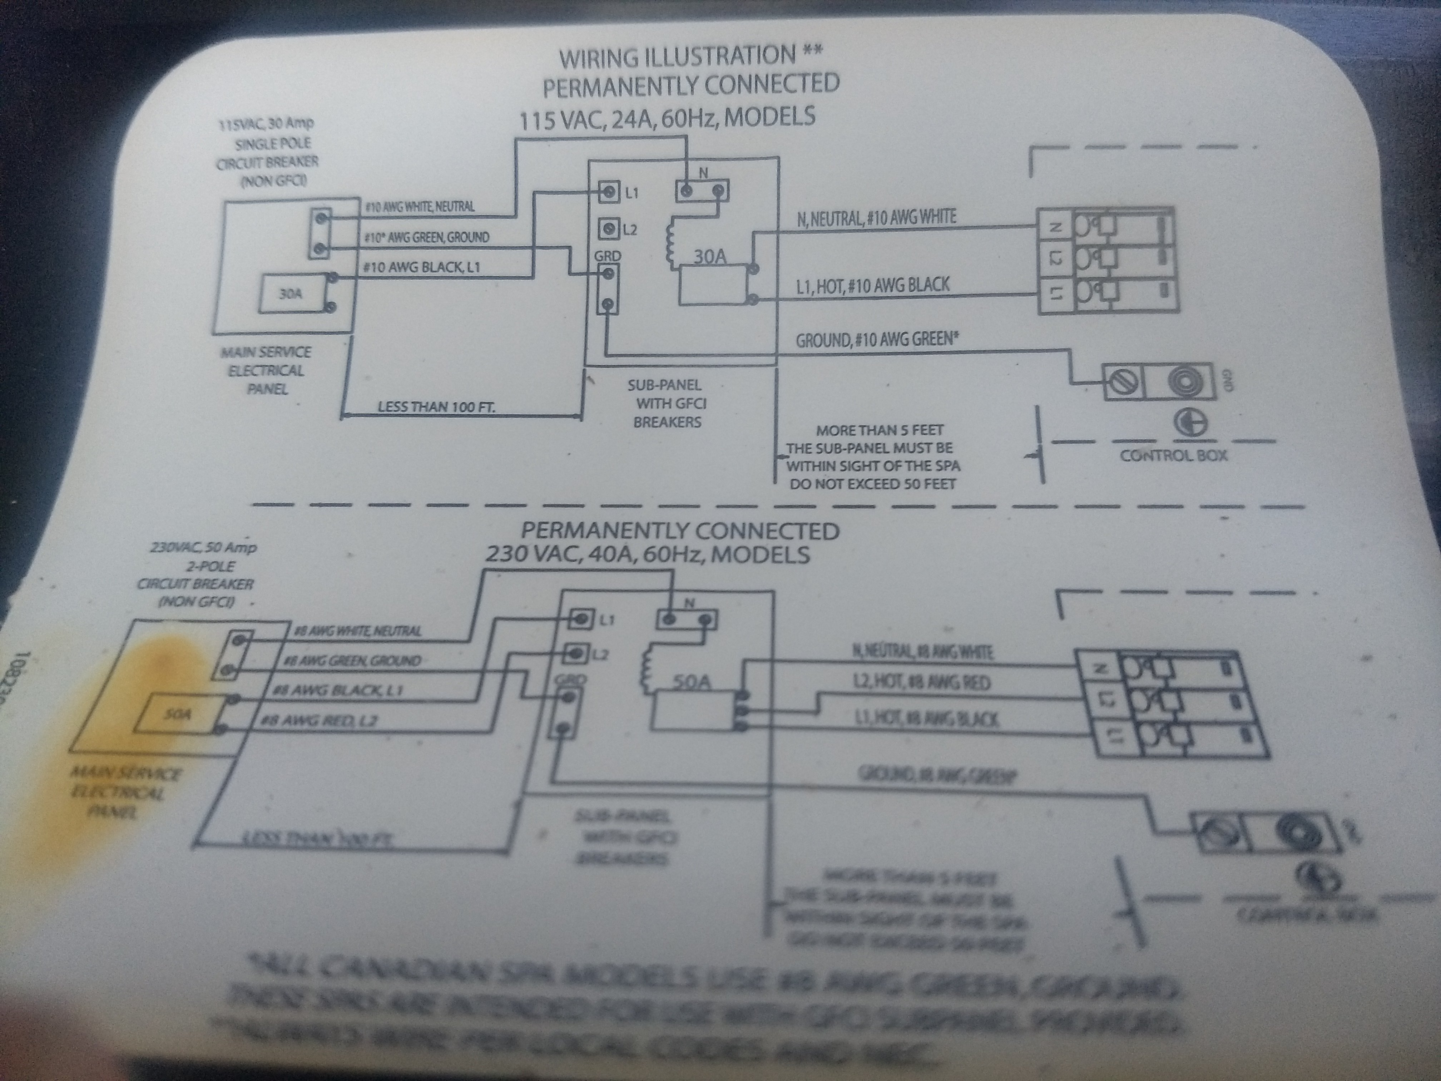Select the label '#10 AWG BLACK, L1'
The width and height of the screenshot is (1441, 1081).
(422, 267)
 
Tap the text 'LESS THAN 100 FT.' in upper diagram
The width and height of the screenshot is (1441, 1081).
(436, 407)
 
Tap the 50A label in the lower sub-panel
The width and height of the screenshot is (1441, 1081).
(690, 682)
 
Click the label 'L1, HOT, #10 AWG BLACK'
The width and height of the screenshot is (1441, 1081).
(872, 285)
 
